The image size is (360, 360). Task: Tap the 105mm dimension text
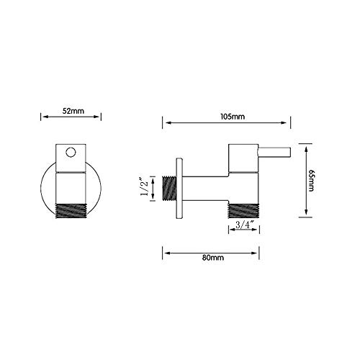[x=233, y=117]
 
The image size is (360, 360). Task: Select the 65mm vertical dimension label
[x=311, y=180]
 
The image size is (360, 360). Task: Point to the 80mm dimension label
[x=213, y=258]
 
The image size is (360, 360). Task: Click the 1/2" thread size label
[x=145, y=187]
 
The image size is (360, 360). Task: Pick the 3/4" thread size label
[x=245, y=225]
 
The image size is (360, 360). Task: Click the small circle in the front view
[x=71, y=152]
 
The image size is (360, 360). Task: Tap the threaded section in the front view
[x=71, y=211]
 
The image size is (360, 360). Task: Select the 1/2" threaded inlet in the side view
[x=169, y=189]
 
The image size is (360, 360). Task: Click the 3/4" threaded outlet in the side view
[x=244, y=211]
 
